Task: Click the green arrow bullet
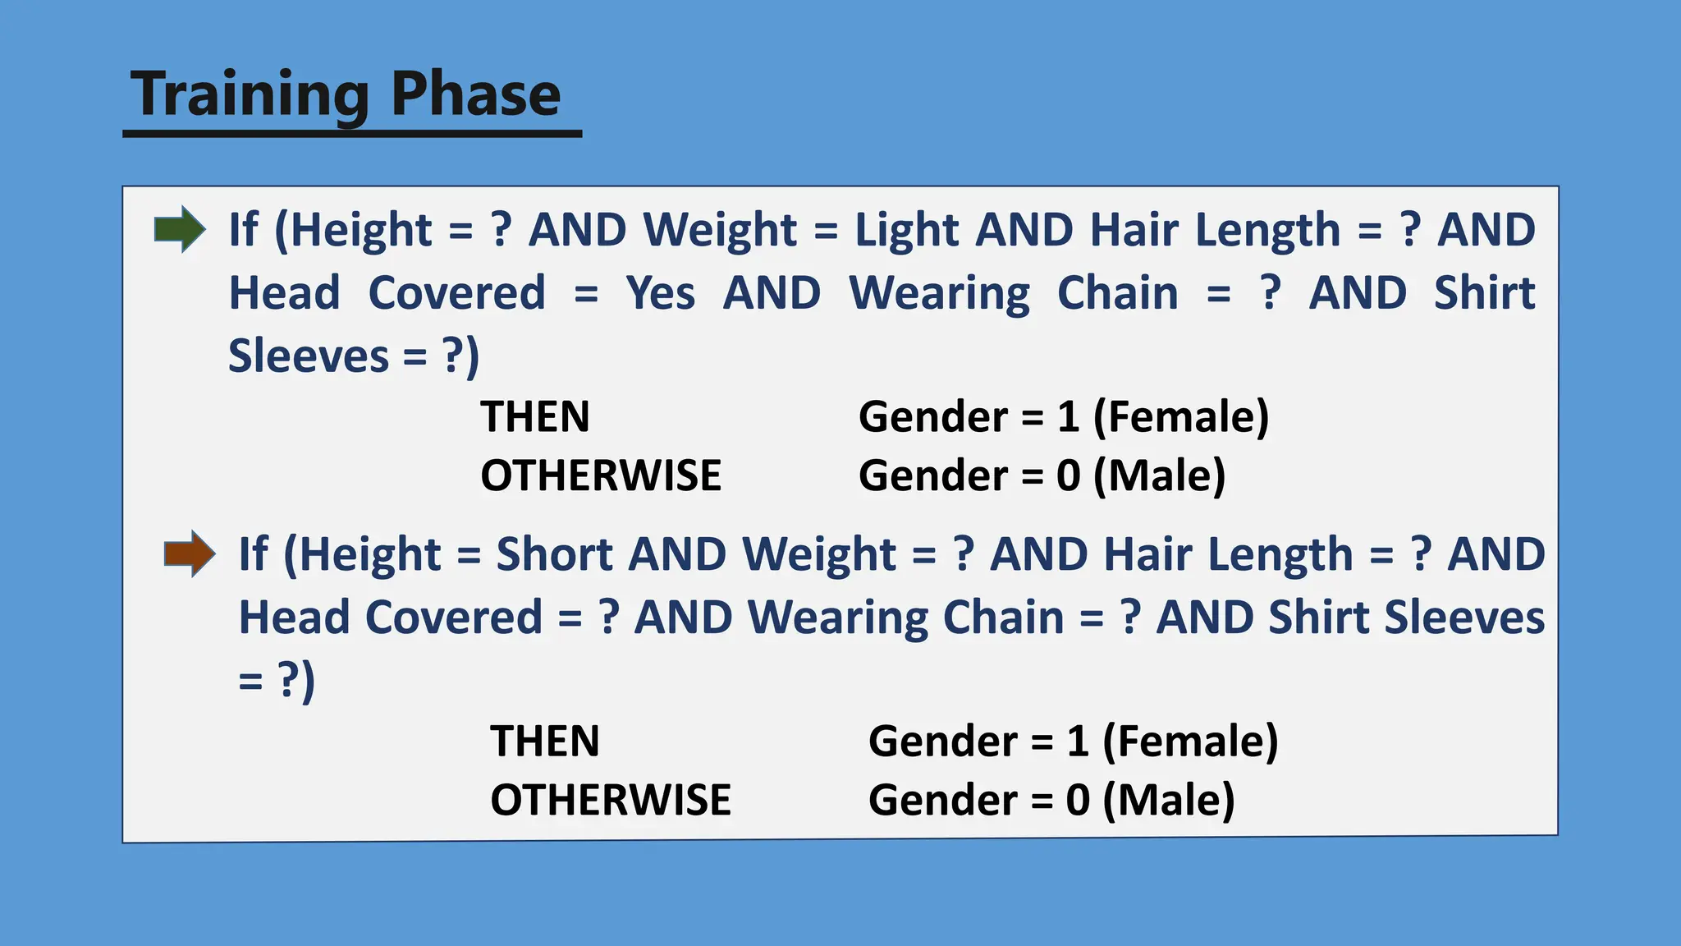tap(180, 229)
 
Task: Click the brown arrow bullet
tap(190, 553)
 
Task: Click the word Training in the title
tap(250, 94)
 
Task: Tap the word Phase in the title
tap(475, 94)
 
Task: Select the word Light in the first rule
tap(906, 229)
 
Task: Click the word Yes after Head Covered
tap(660, 293)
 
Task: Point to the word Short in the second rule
tap(554, 554)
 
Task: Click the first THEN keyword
tap(535, 416)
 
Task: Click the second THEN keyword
tap(545, 741)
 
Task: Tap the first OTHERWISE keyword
tap(601, 475)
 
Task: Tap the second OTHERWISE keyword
tap(611, 800)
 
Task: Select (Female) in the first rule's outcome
tap(1181, 416)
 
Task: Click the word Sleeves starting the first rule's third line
tap(309, 356)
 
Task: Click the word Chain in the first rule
tap(1117, 293)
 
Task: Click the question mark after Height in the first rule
tap(501, 229)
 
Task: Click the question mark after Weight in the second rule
tap(964, 554)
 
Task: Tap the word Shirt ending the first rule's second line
tap(1484, 293)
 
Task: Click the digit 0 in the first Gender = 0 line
tap(1068, 475)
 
